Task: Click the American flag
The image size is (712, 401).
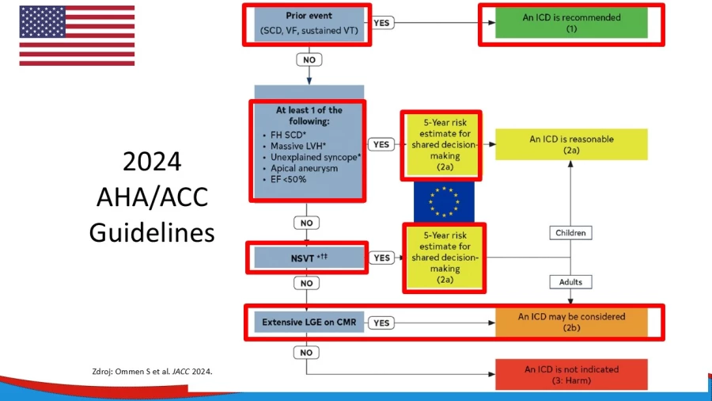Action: [77, 36]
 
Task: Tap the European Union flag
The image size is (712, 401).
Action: [444, 202]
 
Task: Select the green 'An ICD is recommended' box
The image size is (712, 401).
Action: [571, 23]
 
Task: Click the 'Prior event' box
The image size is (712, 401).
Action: [309, 24]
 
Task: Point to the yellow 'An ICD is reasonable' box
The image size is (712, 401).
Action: [571, 144]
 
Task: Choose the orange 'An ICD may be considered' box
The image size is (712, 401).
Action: [571, 323]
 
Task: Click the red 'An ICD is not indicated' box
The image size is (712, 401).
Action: [571, 375]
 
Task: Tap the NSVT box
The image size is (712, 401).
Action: [309, 258]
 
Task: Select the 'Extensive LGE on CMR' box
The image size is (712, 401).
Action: [309, 323]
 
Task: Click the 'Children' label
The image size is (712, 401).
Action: [570, 233]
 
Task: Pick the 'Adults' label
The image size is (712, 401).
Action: [570, 282]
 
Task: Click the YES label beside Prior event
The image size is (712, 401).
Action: [381, 23]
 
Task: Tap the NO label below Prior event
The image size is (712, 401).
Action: [309, 59]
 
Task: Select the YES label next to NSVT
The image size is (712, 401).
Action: [381, 258]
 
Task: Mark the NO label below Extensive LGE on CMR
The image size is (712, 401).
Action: [306, 353]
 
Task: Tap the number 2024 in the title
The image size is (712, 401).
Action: [152, 162]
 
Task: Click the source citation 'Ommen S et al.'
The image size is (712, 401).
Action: [142, 372]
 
